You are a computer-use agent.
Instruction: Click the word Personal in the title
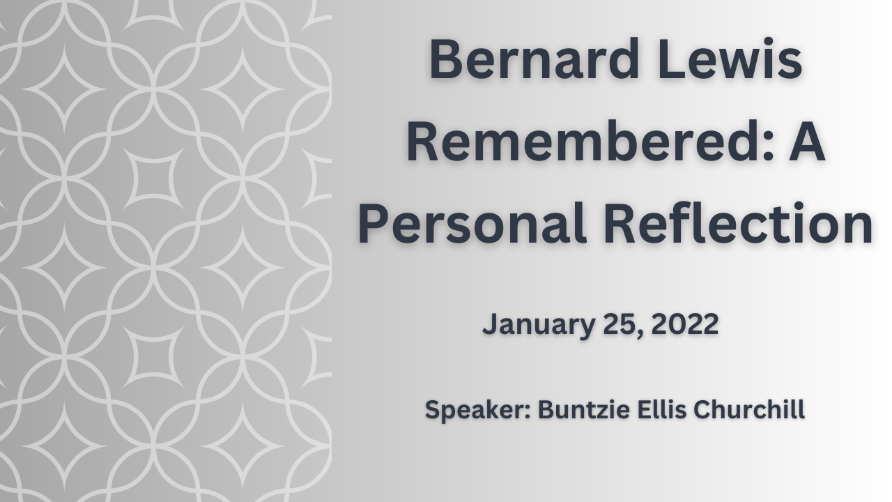472,224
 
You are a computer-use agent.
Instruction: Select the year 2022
685,324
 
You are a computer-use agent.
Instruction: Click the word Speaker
475,410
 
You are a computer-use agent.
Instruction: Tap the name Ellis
662,409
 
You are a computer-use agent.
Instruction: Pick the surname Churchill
749,409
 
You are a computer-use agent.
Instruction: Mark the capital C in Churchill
703,409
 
